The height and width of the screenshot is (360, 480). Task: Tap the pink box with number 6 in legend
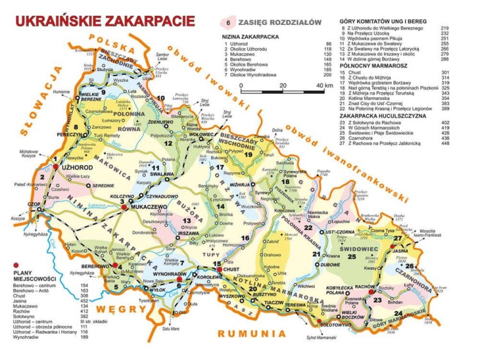coord(228,23)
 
